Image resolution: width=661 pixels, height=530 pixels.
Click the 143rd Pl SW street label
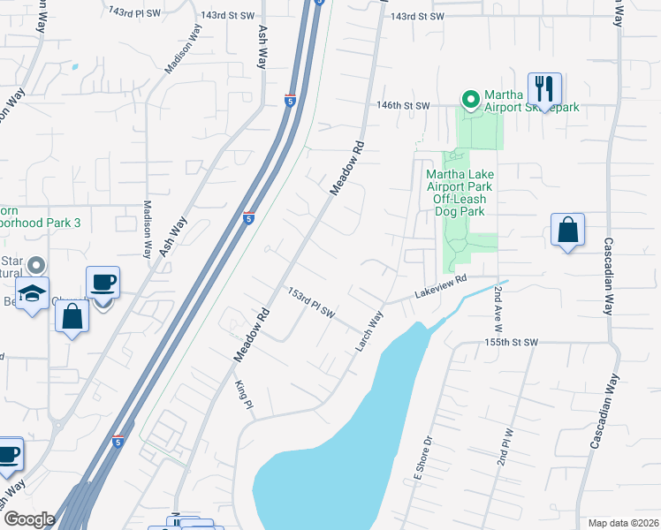pos(133,12)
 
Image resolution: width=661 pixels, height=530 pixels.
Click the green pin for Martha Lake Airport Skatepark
pos(470,98)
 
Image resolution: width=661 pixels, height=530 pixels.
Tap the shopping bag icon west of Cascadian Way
pos(567,231)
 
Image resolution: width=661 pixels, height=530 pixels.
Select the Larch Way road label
pos(370,331)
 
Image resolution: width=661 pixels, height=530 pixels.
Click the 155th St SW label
pos(511,342)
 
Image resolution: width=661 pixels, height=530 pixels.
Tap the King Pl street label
pos(245,394)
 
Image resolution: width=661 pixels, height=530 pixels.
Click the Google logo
pos(29,519)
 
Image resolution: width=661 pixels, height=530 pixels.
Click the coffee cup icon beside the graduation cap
pos(103,283)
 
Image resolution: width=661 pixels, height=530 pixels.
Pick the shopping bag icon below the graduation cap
pos(72,315)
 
